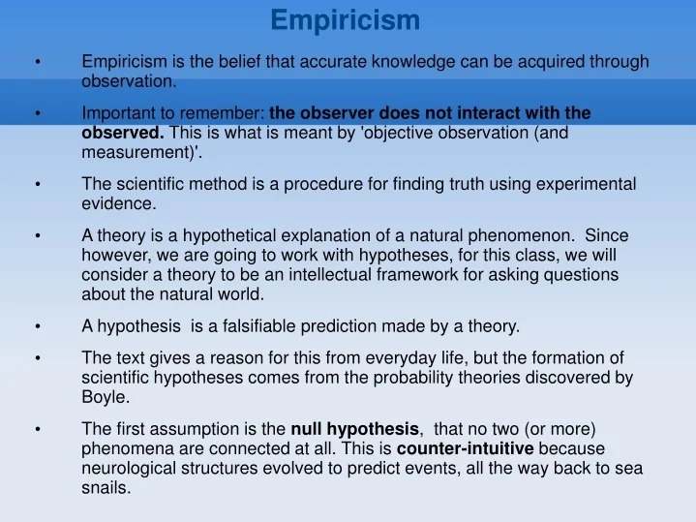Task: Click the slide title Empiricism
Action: (345, 19)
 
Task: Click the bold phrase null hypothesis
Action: (355, 429)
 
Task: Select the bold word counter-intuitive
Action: (465, 448)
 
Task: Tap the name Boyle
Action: (103, 397)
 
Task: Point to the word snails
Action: (106, 488)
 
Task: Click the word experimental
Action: (590, 184)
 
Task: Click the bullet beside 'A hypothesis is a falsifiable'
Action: (37, 326)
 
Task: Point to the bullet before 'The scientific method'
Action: (37, 185)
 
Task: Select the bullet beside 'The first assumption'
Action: (37, 430)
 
